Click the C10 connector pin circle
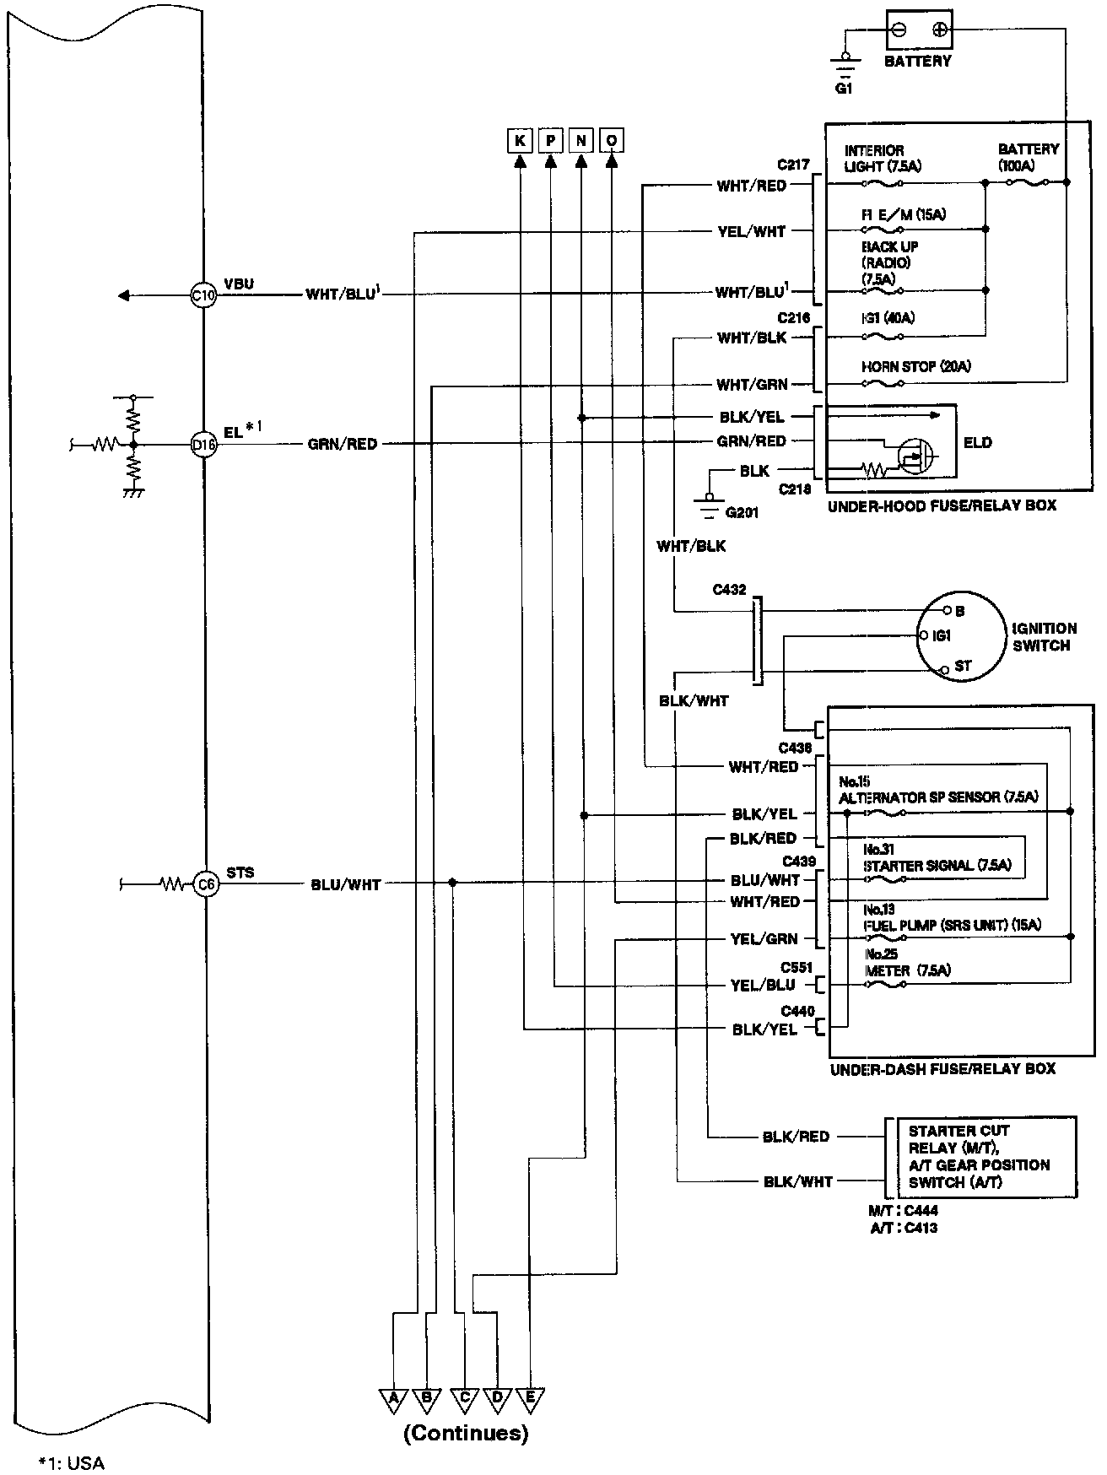pyautogui.click(x=204, y=294)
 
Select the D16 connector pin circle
pyautogui.click(x=204, y=444)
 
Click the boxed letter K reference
pyautogui.click(x=520, y=140)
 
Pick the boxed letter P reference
pyautogui.click(x=550, y=140)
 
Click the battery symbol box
pyautogui.click(x=919, y=30)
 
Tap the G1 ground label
pyautogui.click(x=844, y=87)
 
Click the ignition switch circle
pyautogui.click(x=962, y=635)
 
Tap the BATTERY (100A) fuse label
pyautogui.click(x=1028, y=157)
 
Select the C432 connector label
pyautogui.click(x=729, y=590)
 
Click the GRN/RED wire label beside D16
pyautogui.click(x=343, y=444)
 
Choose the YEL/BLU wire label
pyautogui.click(x=762, y=985)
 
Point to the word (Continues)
pyautogui.click(x=466, y=1433)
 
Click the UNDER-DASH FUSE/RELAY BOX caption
pyautogui.click(x=942, y=1069)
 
